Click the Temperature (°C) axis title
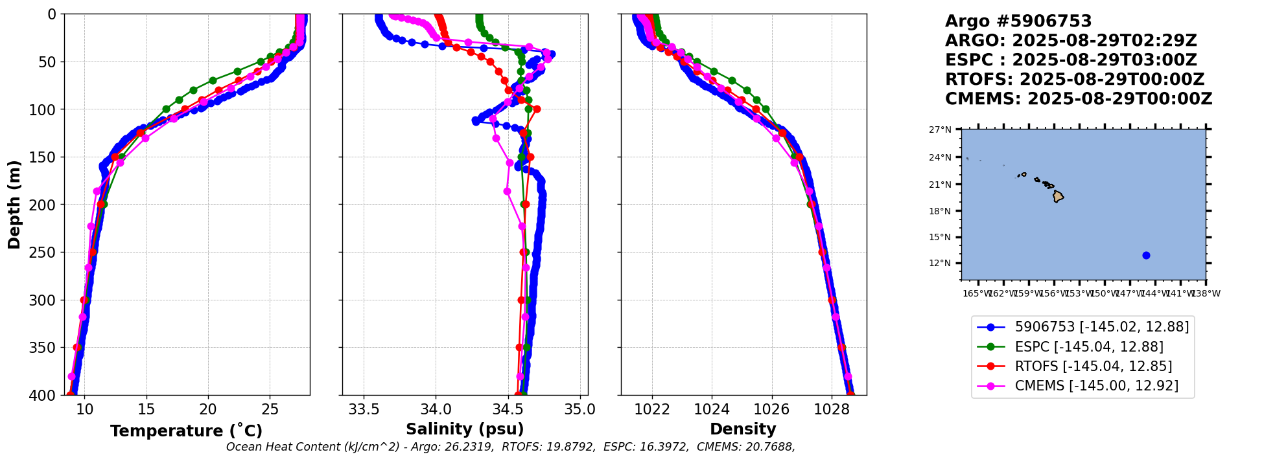[x=186, y=431]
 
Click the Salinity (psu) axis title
[x=465, y=429]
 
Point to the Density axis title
[x=743, y=429]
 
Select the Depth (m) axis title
[x=14, y=205]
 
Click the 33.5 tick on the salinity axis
[x=364, y=410]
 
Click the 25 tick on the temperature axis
[x=270, y=410]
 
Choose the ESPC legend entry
[x=1088, y=347]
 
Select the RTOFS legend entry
[x=1093, y=366]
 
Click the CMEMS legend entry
[x=1096, y=386]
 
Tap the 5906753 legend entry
[x=1101, y=328]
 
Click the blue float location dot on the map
[x=1146, y=255]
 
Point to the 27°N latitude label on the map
[x=940, y=130]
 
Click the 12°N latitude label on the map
[x=940, y=264]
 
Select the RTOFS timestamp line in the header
[x=1074, y=80]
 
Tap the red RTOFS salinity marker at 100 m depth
[x=537, y=109]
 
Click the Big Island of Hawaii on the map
[x=1058, y=196]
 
